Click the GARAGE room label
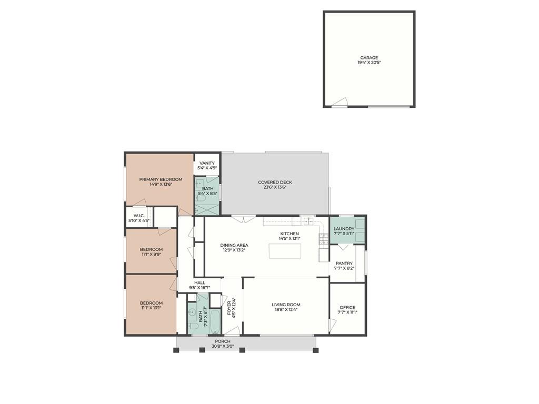pyautogui.click(x=369, y=58)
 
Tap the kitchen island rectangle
pyautogui.click(x=285, y=251)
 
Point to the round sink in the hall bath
pyautogui.click(x=192, y=312)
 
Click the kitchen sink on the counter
pyautogui.click(x=308, y=221)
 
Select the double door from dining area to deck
pyautogui.click(x=243, y=219)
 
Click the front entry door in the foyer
pyautogui.click(x=232, y=331)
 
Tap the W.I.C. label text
pyautogui.click(x=139, y=216)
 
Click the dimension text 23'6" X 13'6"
pyautogui.click(x=275, y=187)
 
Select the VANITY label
pyautogui.click(x=207, y=163)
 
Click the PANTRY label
pyautogui.click(x=344, y=264)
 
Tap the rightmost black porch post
pyautogui.click(x=316, y=350)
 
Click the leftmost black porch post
pyautogui.click(x=176, y=350)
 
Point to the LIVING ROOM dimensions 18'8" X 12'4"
pyautogui.click(x=286, y=309)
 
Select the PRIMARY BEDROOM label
pyautogui.click(x=161, y=179)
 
